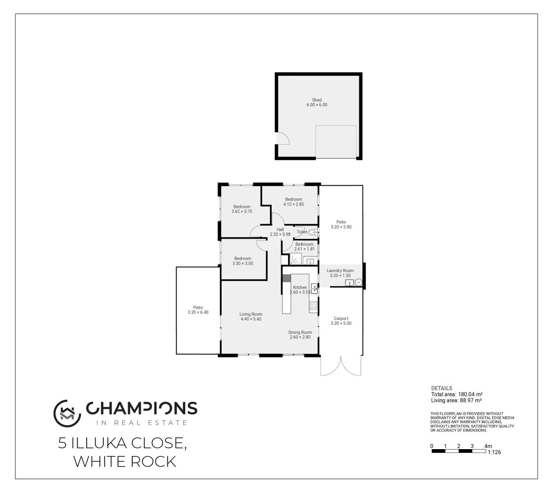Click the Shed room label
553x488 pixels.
point(316,100)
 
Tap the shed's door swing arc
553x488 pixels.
point(283,137)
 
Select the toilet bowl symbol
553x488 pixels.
point(313,232)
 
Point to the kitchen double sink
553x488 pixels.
point(314,288)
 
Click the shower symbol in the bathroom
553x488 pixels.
point(296,259)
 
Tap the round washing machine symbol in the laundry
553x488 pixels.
point(358,282)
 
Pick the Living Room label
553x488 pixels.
point(251,314)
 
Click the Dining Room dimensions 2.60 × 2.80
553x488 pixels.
point(300,337)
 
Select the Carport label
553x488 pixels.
point(341,319)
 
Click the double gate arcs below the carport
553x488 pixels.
point(341,366)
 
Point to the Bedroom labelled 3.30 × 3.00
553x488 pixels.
point(242,258)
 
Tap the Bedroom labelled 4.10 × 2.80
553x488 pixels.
point(293,199)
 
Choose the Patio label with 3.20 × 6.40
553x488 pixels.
point(198,308)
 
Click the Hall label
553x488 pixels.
point(280,230)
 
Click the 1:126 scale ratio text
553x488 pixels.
point(494,452)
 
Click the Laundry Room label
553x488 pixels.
point(340,271)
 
